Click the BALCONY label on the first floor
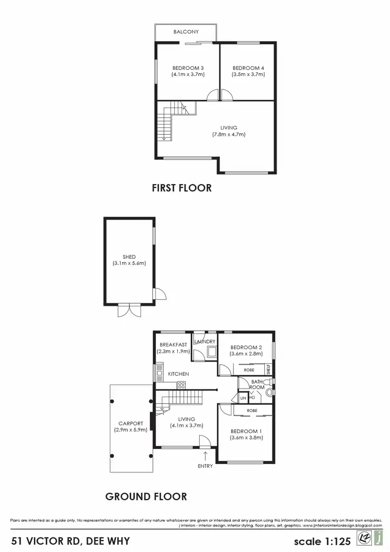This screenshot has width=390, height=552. [x=186, y=32]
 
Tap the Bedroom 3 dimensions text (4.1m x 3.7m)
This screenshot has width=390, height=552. [x=188, y=74]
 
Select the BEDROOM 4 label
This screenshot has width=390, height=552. [x=248, y=68]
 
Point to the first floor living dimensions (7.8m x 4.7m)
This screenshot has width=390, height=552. [x=229, y=134]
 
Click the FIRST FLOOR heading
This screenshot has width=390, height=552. [x=181, y=188]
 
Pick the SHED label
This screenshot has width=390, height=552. [x=129, y=257]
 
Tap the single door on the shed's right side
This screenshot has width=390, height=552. [x=160, y=295]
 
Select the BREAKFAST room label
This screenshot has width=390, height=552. [x=173, y=344]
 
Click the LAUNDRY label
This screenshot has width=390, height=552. [x=204, y=342]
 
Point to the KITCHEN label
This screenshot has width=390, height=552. [x=178, y=374]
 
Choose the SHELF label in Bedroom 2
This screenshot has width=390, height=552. [x=268, y=369]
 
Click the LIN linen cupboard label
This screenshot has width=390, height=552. [x=243, y=399]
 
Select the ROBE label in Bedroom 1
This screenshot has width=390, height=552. [x=252, y=411]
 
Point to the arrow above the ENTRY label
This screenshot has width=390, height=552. [x=205, y=456]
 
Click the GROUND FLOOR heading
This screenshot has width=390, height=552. [x=146, y=497]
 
